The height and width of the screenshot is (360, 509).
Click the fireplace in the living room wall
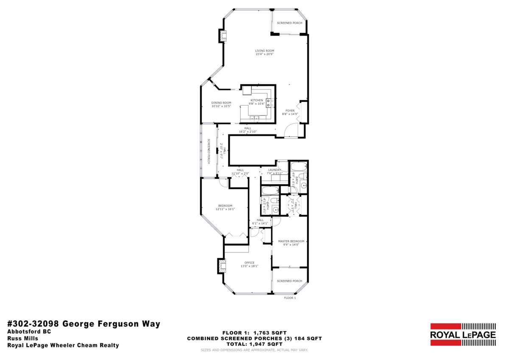[223, 35]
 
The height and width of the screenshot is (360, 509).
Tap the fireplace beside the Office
[222, 266]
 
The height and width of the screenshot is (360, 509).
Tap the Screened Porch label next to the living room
[289, 23]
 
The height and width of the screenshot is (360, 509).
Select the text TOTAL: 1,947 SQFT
[254, 344]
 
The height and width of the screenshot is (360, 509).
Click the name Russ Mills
[22, 338]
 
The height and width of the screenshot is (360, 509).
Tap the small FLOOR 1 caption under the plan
[290, 298]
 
